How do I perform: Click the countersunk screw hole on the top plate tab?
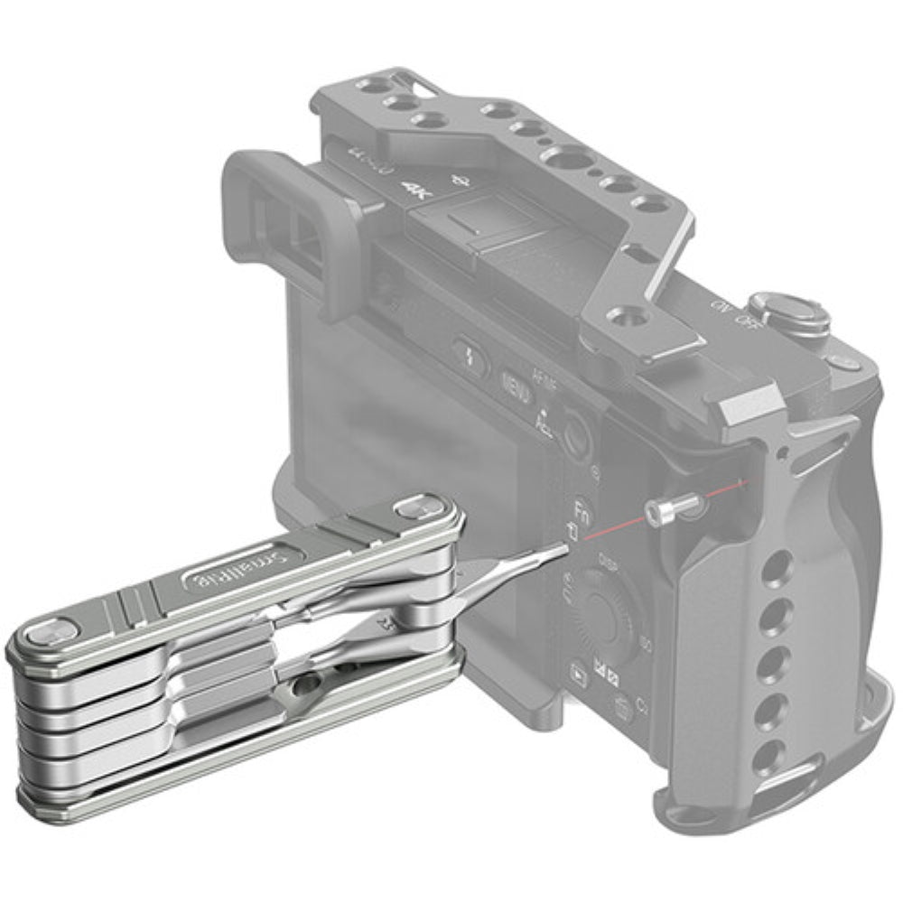pos(623,315)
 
